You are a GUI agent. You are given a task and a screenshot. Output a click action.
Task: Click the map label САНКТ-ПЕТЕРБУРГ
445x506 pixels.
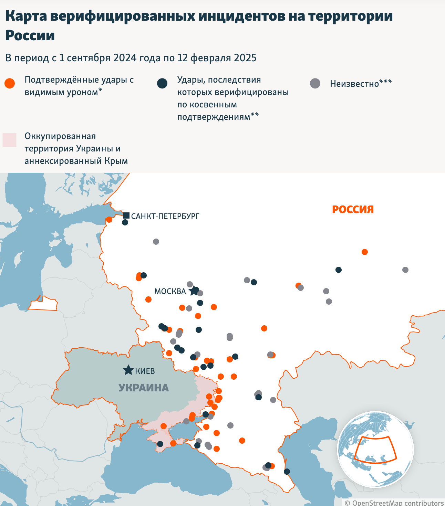tap(165, 216)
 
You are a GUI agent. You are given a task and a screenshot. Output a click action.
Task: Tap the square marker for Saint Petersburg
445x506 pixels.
tap(126, 215)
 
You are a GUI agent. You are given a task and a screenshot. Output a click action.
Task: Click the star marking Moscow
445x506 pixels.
tap(194, 291)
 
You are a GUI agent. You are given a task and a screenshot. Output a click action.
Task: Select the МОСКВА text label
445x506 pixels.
tap(170, 291)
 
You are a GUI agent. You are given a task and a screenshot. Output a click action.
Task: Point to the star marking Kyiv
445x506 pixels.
tap(128, 370)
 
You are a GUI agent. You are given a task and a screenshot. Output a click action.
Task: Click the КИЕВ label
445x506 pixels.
tap(145, 371)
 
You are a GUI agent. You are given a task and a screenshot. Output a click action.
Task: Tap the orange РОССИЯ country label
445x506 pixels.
tap(353, 209)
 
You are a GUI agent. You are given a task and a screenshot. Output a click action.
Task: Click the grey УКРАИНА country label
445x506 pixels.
tap(144, 388)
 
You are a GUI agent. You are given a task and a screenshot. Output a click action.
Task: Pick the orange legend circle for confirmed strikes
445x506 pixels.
tap(10, 83)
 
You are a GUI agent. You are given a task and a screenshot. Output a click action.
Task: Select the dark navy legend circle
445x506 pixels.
tap(162, 83)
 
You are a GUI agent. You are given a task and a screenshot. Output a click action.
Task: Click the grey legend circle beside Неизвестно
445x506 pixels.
tap(315, 83)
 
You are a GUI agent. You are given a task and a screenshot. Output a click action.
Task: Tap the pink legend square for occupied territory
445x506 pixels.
tap(10, 140)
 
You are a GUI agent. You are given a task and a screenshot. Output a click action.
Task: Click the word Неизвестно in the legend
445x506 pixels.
tap(354, 84)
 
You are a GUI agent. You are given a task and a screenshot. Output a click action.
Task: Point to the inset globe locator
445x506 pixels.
tap(375, 449)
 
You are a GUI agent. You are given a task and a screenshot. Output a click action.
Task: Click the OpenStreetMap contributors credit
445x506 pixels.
tap(394, 503)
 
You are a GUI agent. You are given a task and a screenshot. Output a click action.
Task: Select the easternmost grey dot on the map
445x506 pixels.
tap(405, 270)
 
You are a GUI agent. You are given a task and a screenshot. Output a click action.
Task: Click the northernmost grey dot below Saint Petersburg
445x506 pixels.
tap(156, 242)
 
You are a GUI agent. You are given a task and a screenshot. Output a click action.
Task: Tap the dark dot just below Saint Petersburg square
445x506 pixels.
tap(125, 222)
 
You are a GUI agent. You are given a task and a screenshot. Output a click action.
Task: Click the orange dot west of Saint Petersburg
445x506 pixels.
tap(109, 220)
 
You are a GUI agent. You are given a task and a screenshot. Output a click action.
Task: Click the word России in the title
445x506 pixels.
tap(30, 35)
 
